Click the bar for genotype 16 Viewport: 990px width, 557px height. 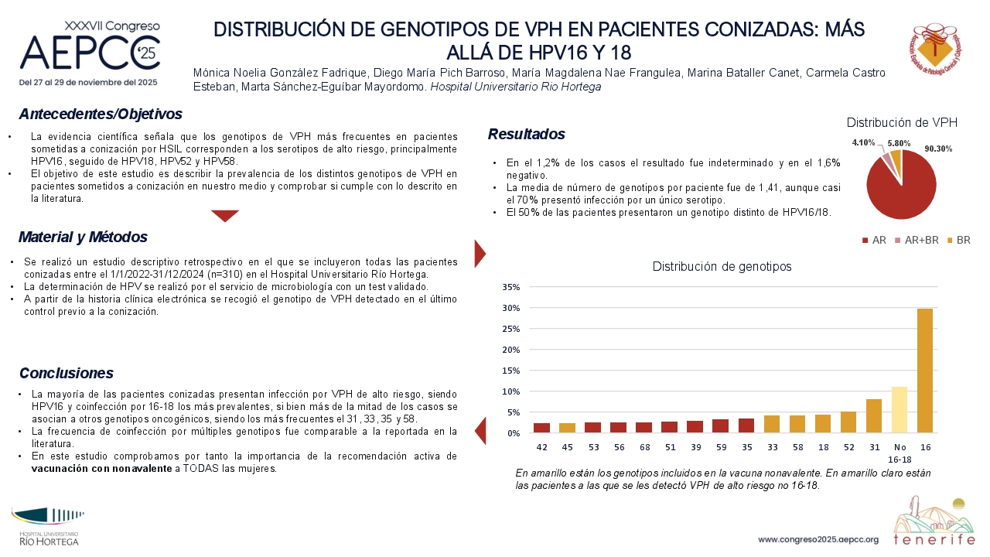(925, 371)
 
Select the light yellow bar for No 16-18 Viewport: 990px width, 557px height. (900, 410)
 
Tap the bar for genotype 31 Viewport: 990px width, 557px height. (874, 416)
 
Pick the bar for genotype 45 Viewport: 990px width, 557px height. (567, 428)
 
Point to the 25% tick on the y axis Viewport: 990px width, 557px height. (511, 329)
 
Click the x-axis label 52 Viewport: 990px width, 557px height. (848, 447)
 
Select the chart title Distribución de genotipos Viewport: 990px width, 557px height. (722, 267)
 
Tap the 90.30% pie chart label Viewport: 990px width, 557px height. (938, 149)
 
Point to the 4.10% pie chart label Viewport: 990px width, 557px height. (863, 142)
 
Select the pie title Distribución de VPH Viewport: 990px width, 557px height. (902, 122)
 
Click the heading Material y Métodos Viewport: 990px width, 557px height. (83, 237)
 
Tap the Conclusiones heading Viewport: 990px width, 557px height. (67, 373)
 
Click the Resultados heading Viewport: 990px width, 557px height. (527, 134)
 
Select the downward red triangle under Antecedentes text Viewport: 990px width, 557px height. (225, 215)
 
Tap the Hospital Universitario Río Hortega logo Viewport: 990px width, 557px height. (48, 527)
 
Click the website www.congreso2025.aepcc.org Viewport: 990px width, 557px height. (818, 540)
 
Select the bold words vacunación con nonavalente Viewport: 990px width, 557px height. (101, 469)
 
